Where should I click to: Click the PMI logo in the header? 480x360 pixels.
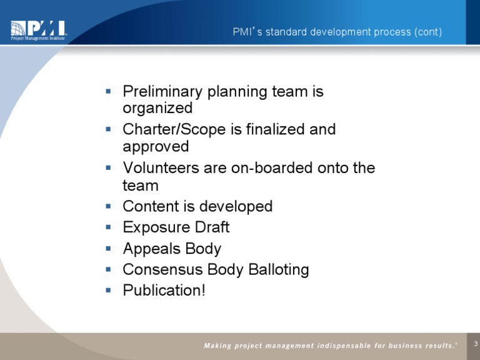pyautogui.click(x=38, y=30)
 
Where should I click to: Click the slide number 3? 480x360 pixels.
pyautogui.click(x=476, y=343)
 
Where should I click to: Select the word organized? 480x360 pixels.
pyautogui.click(x=157, y=108)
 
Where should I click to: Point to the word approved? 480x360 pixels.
pyautogui.click(x=156, y=146)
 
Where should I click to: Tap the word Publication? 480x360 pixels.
pyautogui.click(x=164, y=291)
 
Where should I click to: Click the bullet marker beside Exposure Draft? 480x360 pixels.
pyautogui.click(x=109, y=227)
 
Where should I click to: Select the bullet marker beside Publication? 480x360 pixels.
pyautogui.click(x=109, y=290)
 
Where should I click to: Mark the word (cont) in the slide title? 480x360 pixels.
pyautogui.click(x=428, y=31)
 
